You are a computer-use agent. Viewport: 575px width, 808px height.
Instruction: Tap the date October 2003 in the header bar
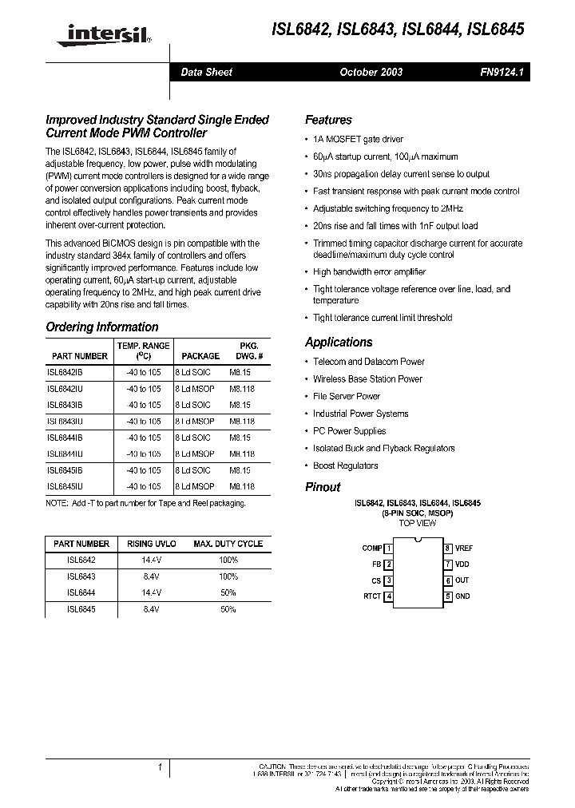point(371,72)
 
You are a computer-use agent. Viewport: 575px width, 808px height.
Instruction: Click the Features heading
point(328,120)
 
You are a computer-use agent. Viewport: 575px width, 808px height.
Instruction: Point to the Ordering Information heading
point(102,327)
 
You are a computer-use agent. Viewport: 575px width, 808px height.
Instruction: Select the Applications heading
point(339,342)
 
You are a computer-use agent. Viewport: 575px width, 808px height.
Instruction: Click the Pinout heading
point(323,487)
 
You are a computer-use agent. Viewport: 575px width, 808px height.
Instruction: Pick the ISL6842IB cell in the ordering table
point(65,373)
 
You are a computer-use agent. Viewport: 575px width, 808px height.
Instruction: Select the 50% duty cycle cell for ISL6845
point(228,609)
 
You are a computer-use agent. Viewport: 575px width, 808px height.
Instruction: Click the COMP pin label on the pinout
point(371,549)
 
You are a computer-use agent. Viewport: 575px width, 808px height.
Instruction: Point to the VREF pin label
point(464,549)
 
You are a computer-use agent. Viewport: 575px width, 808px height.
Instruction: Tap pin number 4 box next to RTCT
point(389,596)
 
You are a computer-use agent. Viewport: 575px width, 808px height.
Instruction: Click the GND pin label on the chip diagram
point(462,596)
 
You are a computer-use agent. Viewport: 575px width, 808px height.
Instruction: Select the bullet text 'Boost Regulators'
point(345,465)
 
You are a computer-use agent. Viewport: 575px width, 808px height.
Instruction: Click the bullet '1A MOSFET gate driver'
point(358,139)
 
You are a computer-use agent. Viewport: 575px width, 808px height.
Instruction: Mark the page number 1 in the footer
point(161,767)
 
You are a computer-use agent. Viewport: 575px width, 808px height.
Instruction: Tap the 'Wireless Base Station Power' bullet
point(367,379)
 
